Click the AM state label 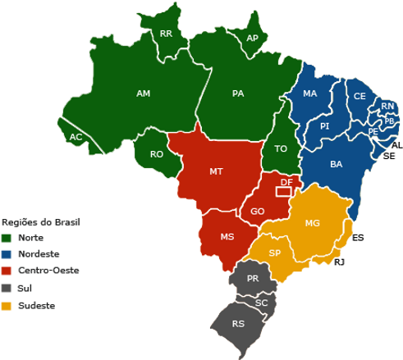(x=144, y=94)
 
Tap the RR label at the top (x=167, y=34)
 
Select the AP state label (x=254, y=39)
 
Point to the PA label (x=238, y=94)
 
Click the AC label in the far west (x=76, y=137)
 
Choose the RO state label (x=157, y=154)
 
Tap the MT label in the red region (x=216, y=172)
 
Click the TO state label (x=282, y=149)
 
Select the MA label (x=309, y=94)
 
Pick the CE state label (x=359, y=96)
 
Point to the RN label (x=387, y=107)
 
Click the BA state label (x=337, y=165)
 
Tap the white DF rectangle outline (x=283, y=191)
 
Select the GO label (x=258, y=212)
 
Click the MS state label (x=227, y=237)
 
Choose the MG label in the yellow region (x=312, y=224)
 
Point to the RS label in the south (x=238, y=324)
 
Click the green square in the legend (x=7, y=237)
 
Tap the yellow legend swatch (x=7, y=306)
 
